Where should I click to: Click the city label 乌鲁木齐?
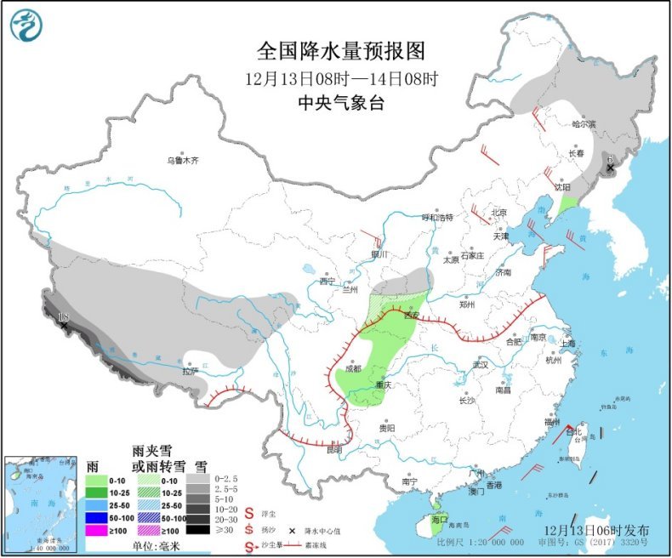pos(182,160)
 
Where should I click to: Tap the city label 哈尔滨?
pos(584,124)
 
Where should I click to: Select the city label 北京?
pos(498,213)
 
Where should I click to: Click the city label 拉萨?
pos(190,370)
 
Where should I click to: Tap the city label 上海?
pos(567,343)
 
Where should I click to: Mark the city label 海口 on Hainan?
pos(439,518)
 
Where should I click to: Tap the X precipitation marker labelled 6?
pos(610,168)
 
